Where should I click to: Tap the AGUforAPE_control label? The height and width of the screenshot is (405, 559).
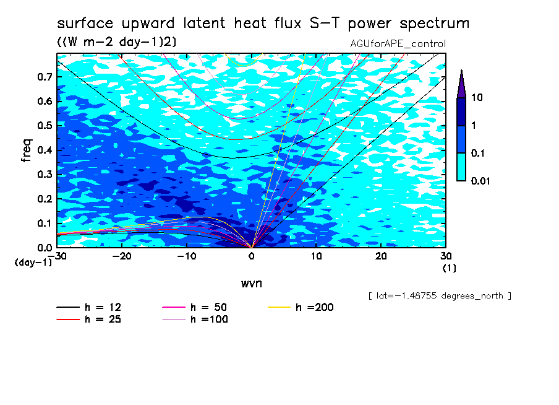pos(398,43)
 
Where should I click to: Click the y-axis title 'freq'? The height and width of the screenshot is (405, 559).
pos(27,150)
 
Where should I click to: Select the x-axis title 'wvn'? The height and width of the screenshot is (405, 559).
pos(252,284)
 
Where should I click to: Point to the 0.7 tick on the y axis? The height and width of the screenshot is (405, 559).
pos(46,77)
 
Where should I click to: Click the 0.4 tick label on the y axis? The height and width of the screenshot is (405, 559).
pos(46,150)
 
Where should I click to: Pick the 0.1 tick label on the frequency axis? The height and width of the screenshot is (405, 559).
pos(46,223)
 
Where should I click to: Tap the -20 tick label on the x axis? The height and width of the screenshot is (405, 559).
pos(122,256)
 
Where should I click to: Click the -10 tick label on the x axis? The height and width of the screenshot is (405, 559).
pos(187,256)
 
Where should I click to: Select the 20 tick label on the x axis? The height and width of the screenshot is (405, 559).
pos(381,256)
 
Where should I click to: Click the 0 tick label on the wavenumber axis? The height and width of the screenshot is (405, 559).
pos(252,256)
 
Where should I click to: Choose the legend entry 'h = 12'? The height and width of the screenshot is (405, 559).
pos(89,307)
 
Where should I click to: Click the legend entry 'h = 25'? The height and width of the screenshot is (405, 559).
pos(89,319)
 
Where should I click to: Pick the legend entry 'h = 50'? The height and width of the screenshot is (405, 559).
pos(195,307)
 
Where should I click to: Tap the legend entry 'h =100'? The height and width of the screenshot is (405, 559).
pos(195,319)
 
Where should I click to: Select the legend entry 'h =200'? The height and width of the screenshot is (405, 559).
pos(301,307)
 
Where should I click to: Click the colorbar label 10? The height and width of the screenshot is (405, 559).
pos(477,97)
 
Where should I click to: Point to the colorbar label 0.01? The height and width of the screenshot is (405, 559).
pos(480,181)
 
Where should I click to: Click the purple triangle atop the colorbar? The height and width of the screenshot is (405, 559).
pos(461,85)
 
